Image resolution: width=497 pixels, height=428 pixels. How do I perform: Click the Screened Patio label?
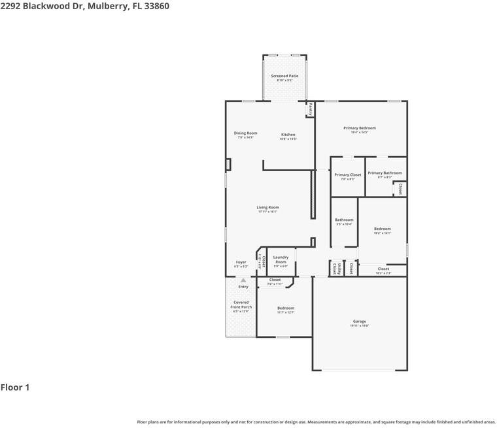284,76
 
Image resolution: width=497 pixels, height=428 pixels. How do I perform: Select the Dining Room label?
246,133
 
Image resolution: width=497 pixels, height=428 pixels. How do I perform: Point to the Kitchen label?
288,135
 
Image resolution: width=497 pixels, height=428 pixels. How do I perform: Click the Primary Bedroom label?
359,128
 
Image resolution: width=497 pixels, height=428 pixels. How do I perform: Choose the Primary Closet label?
347,175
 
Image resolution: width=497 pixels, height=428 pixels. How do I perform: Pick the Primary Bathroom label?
385,173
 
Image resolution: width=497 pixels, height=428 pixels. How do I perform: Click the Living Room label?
267,208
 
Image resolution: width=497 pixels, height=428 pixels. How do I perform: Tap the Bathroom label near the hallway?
344,220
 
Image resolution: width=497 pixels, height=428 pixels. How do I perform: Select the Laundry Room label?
281,259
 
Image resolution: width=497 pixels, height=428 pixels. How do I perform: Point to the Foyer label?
241,262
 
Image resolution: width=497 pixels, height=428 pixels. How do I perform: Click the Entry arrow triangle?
243,280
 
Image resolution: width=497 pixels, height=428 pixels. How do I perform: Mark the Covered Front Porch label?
241,305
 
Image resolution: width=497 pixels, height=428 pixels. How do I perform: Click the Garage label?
359,321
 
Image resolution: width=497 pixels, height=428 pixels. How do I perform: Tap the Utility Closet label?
335,269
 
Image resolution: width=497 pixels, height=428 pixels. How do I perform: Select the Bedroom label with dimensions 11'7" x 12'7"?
286,308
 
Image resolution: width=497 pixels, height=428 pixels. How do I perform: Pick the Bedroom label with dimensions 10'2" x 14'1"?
382,229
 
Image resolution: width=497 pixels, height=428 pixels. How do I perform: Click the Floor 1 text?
15,387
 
